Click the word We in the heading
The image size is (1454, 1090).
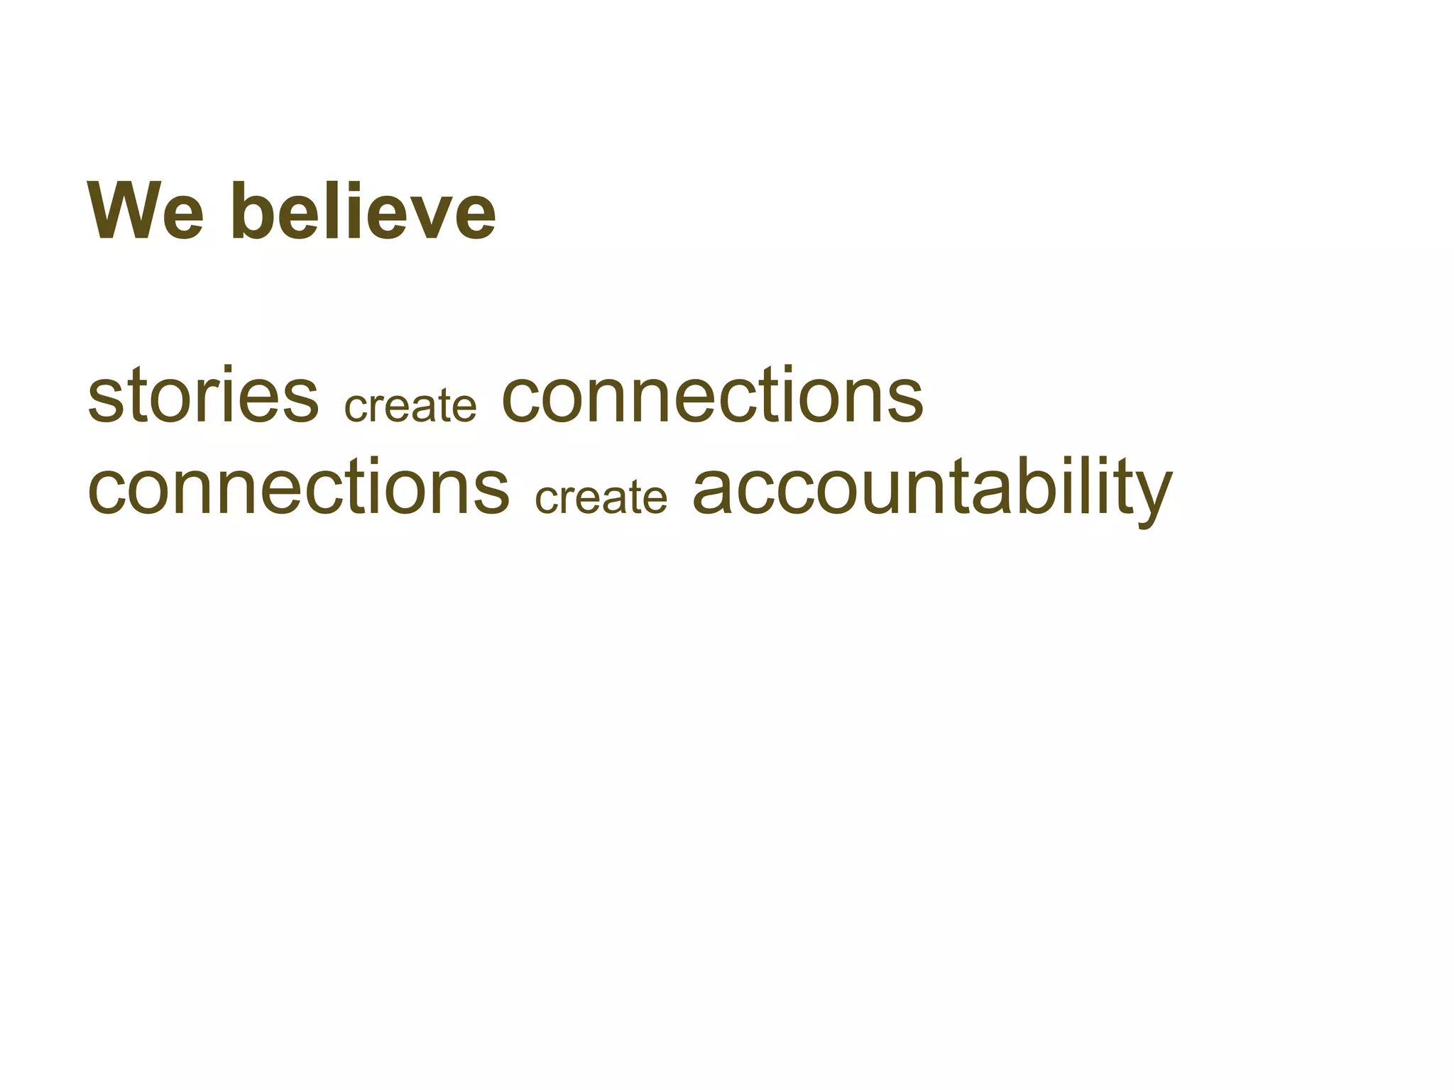tap(146, 211)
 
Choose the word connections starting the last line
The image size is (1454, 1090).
tap(298, 488)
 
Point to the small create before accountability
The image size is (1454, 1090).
tap(601, 497)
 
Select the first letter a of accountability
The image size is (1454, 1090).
tap(713, 493)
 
